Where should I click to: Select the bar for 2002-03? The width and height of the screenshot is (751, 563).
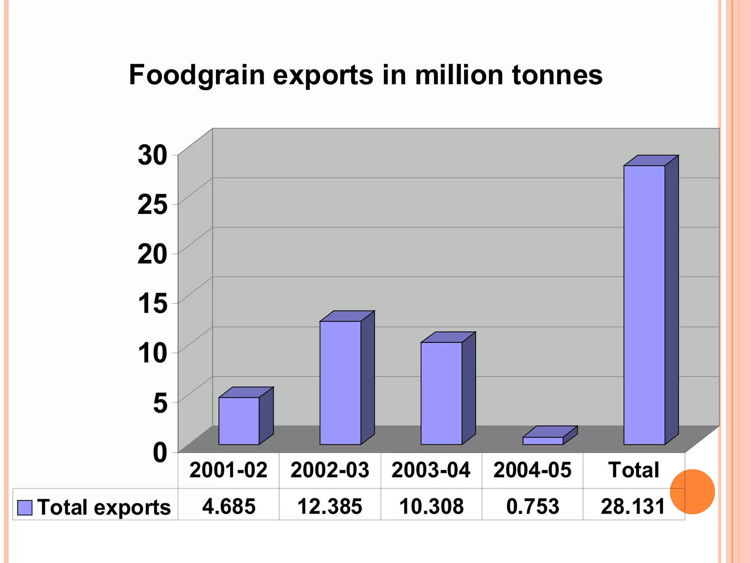pyautogui.click(x=340, y=383)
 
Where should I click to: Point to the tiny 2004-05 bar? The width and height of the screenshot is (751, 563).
pyautogui.click(x=543, y=441)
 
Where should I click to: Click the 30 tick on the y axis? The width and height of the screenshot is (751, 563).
pyautogui.click(x=153, y=155)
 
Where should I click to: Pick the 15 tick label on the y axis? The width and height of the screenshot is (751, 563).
pyautogui.click(x=153, y=303)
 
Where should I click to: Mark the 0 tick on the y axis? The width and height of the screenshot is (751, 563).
pyautogui.click(x=160, y=452)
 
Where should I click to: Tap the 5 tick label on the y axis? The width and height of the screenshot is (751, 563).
pyautogui.click(x=160, y=402)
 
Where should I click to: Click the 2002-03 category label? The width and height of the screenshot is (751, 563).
pyautogui.click(x=330, y=470)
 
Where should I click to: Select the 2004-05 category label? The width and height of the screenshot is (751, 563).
pyautogui.click(x=532, y=470)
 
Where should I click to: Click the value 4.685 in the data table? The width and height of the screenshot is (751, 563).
pyautogui.click(x=229, y=506)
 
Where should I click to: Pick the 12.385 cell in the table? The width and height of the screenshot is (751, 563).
pyautogui.click(x=330, y=506)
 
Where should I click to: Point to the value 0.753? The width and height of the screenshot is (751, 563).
pyautogui.click(x=532, y=506)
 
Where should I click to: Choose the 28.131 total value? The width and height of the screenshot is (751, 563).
pyautogui.click(x=633, y=506)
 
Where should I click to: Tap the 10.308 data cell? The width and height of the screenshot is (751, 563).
pyautogui.click(x=431, y=506)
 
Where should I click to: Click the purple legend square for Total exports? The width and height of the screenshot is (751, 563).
pyautogui.click(x=25, y=508)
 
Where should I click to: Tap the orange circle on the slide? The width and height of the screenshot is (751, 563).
pyautogui.click(x=692, y=492)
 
